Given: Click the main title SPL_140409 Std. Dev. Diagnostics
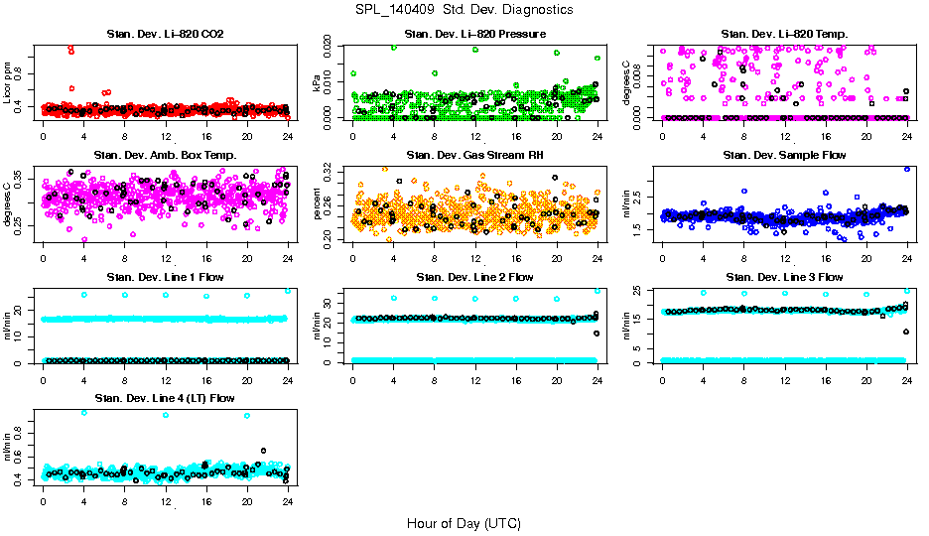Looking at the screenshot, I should [x=464, y=9].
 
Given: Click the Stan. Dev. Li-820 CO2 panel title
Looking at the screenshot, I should [x=165, y=35].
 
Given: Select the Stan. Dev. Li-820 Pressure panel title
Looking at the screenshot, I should [x=474, y=35].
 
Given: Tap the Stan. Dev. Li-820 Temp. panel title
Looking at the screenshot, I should [x=783, y=35].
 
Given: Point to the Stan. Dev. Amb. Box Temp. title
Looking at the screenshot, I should [x=165, y=156].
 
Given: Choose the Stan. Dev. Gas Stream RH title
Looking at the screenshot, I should [x=474, y=156].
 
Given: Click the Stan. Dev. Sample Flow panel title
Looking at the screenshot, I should [x=783, y=156].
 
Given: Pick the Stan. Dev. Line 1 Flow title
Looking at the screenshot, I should [x=165, y=277].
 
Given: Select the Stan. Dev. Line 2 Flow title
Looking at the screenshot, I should [x=474, y=277].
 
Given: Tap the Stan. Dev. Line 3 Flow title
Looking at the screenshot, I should [x=783, y=277].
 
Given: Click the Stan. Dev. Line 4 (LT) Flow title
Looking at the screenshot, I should [x=165, y=398].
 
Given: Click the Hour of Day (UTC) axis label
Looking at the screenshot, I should [x=464, y=522].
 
